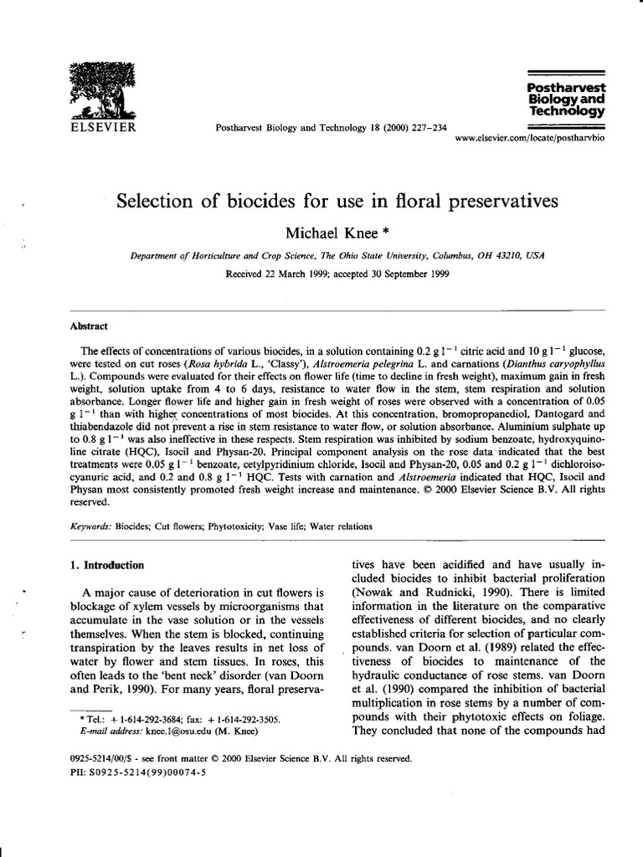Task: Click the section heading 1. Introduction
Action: pos(109,565)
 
